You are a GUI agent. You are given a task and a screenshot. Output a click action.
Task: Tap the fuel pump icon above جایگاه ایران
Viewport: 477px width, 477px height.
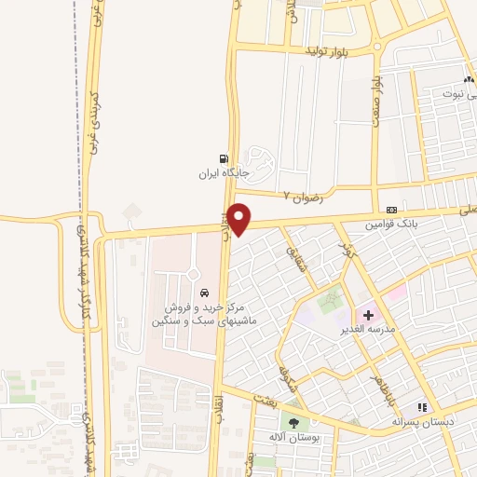(x=222, y=158)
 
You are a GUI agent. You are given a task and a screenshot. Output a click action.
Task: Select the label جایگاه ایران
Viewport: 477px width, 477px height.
(x=223, y=173)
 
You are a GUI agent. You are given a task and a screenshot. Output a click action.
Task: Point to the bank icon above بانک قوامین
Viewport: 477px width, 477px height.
(x=391, y=210)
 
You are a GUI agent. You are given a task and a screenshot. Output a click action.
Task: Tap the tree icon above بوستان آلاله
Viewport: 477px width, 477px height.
(x=294, y=423)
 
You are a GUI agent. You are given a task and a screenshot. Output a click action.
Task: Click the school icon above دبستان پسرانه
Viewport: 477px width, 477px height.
(x=422, y=407)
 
